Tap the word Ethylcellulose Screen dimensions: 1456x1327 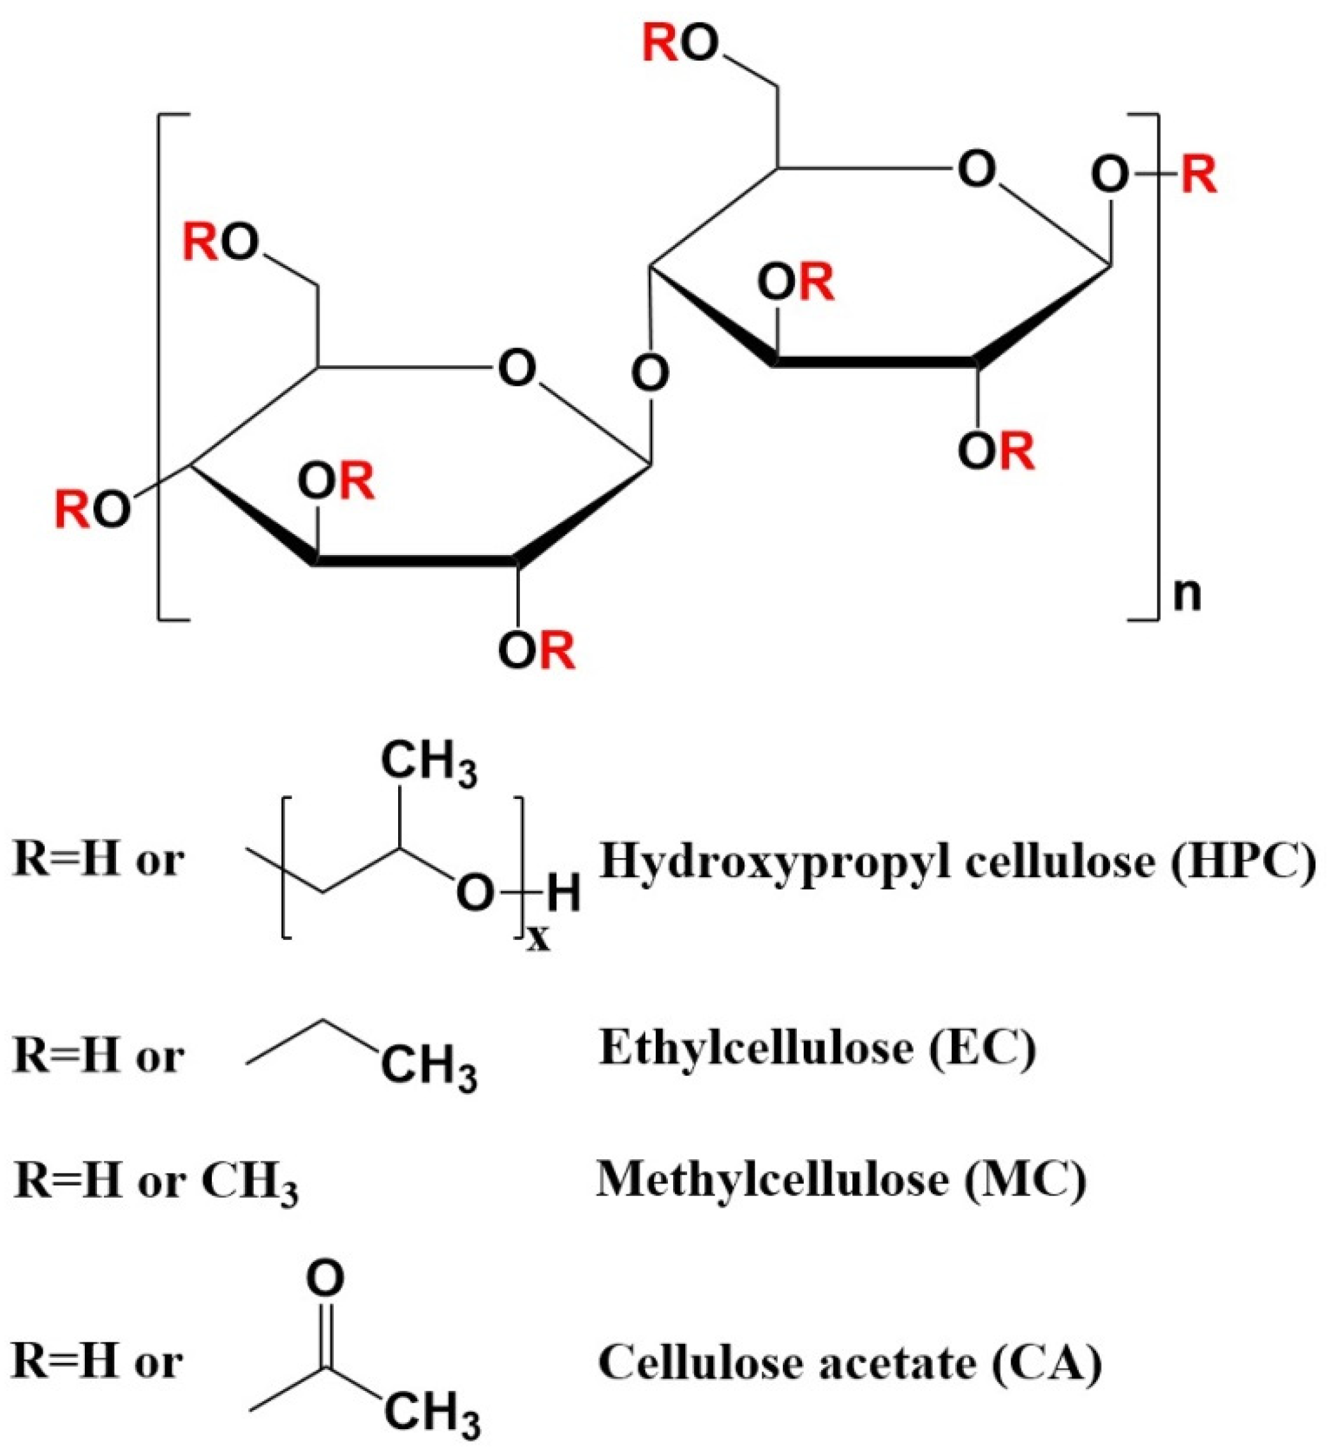(x=755, y=1049)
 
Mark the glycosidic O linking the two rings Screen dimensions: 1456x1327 (x=649, y=374)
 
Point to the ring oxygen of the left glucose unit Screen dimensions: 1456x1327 (x=517, y=368)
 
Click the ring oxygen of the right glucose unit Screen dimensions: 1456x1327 (x=976, y=170)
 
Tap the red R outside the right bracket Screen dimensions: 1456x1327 (x=1199, y=175)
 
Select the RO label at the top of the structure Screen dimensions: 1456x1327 (x=680, y=45)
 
